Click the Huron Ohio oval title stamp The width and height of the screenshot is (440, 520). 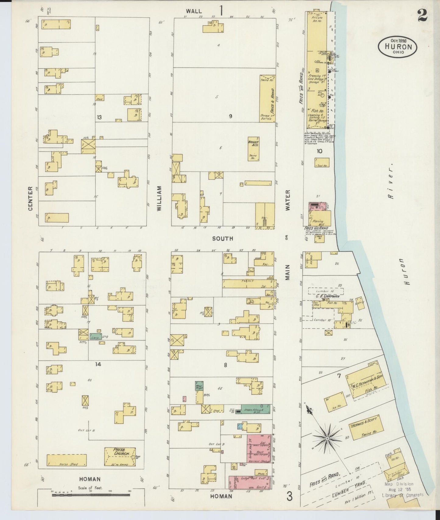click(x=398, y=47)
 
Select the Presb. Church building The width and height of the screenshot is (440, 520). click(x=120, y=457)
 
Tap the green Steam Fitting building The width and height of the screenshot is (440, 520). click(x=255, y=409)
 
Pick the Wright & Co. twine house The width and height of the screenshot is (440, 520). click(x=253, y=149)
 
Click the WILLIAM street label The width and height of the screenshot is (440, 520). click(x=159, y=199)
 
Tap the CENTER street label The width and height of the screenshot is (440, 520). click(x=30, y=199)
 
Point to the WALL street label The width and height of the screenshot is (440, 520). click(x=194, y=11)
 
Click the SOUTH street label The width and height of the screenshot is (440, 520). click(x=223, y=238)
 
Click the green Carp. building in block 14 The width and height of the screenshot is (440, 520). click(x=95, y=337)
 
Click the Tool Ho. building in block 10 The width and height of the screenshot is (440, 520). click(x=322, y=162)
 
